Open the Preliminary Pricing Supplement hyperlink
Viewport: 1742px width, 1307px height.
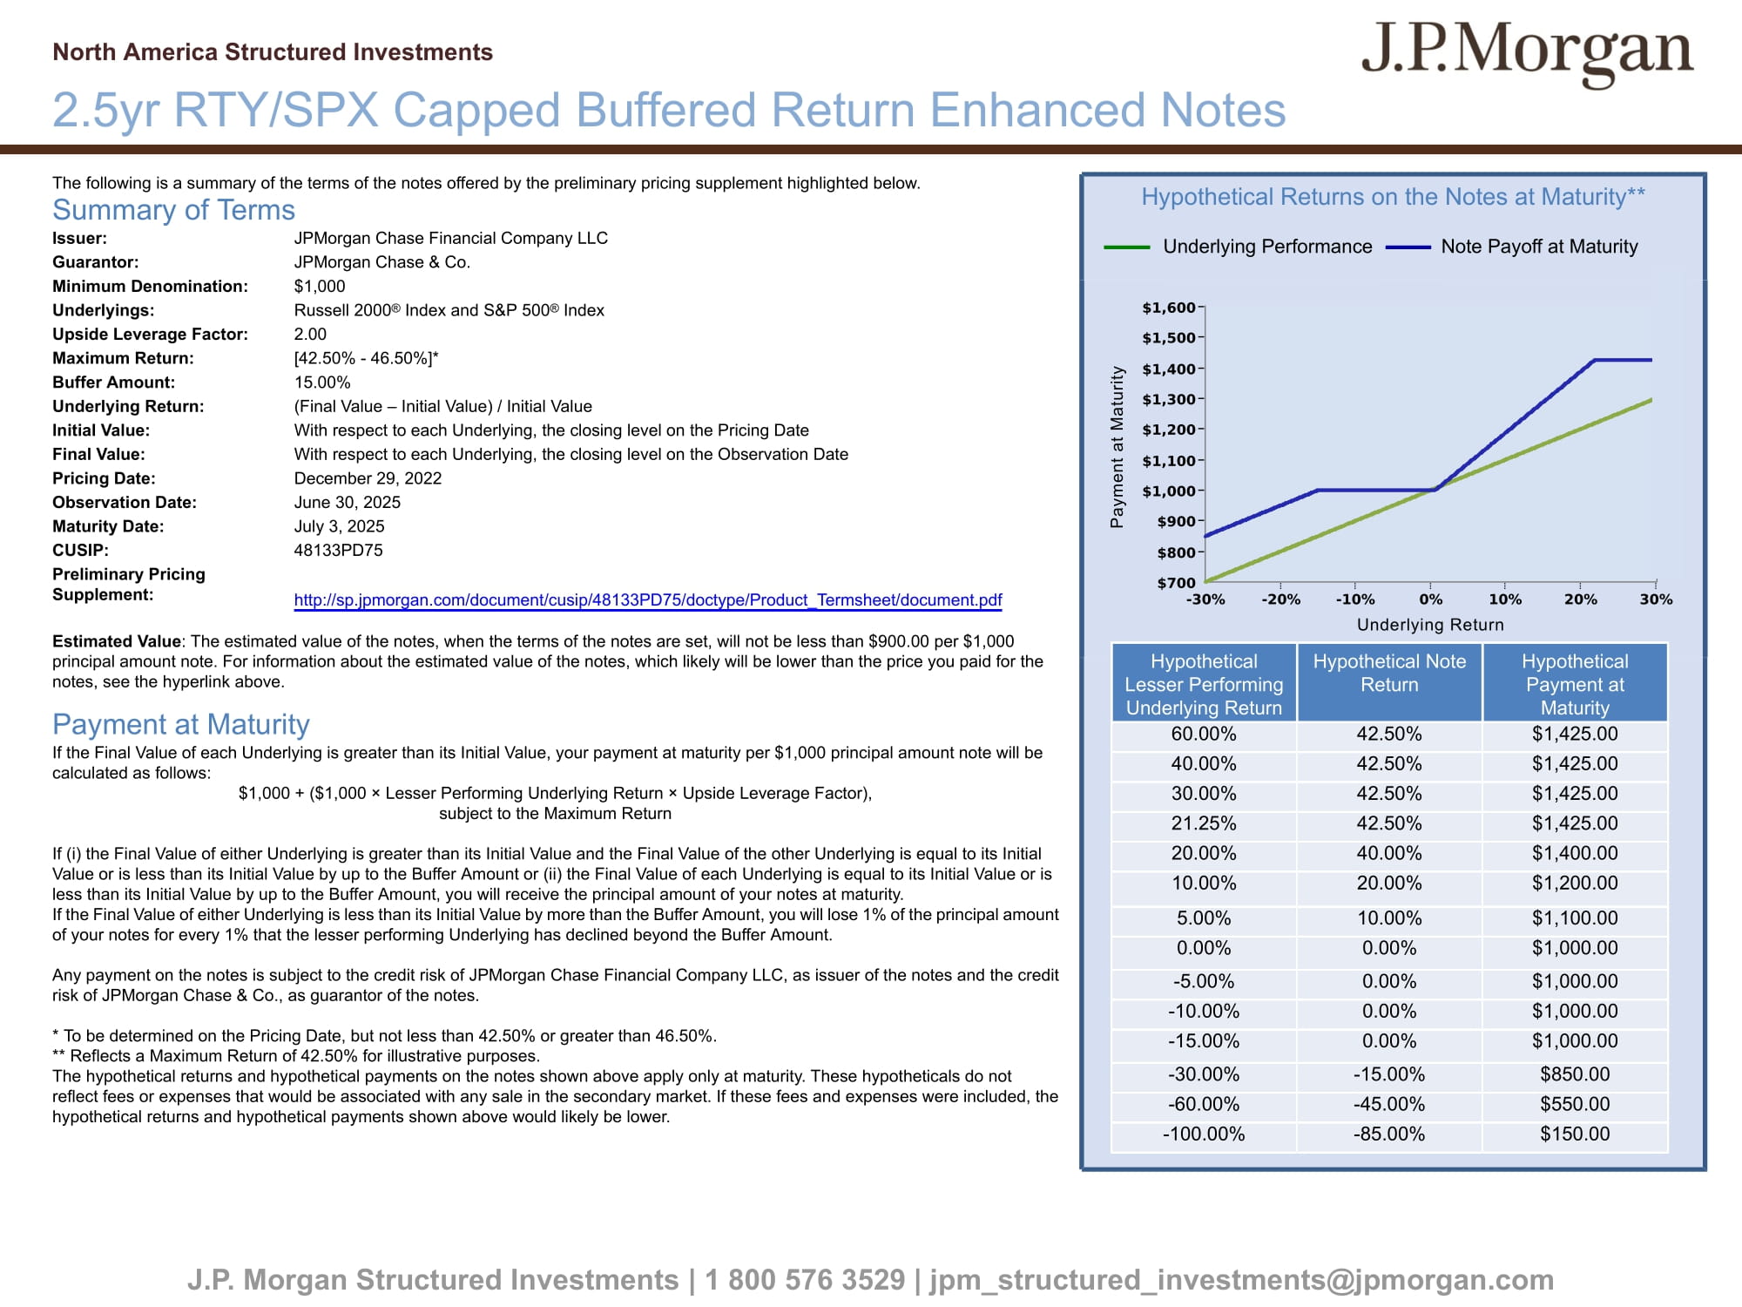pos(647,600)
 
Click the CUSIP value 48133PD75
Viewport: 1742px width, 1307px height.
pos(338,551)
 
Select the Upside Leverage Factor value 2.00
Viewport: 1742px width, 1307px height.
pos(310,335)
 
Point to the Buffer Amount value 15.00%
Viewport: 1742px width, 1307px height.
pos(322,383)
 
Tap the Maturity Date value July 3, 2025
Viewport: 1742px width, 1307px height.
pos(339,526)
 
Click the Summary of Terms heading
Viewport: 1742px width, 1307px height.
pos(173,210)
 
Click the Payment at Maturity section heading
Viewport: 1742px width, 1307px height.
pos(180,724)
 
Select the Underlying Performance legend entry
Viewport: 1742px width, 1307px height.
pos(1266,247)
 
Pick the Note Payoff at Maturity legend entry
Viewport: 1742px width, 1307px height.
pos(1538,247)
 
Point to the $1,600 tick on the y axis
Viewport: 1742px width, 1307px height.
pos(1169,308)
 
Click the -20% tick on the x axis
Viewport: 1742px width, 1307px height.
pos(1280,599)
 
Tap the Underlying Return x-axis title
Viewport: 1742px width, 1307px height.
pos(1430,625)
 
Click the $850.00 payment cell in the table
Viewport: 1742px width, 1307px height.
pos(1575,1074)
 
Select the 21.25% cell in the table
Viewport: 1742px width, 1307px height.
pos(1204,823)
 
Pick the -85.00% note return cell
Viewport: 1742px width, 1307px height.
pos(1389,1134)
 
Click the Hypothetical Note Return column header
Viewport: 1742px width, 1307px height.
pos(1389,674)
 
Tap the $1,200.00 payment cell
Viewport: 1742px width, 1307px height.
pos(1575,884)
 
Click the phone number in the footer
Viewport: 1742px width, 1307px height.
pos(805,1280)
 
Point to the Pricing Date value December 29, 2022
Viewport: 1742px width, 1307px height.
pos(368,478)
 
